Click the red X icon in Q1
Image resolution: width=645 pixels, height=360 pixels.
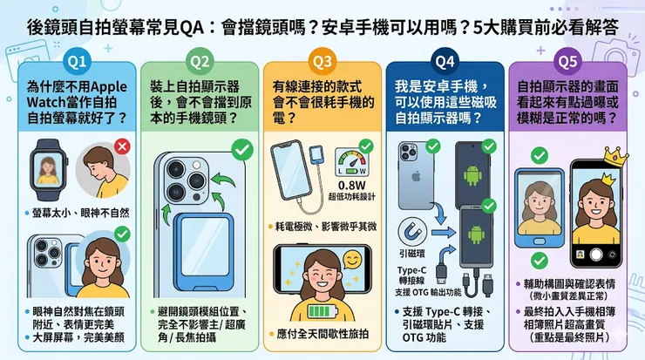pyautogui.click(x=122, y=146)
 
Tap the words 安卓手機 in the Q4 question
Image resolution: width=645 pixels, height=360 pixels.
pyautogui.click(x=456, y=87)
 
